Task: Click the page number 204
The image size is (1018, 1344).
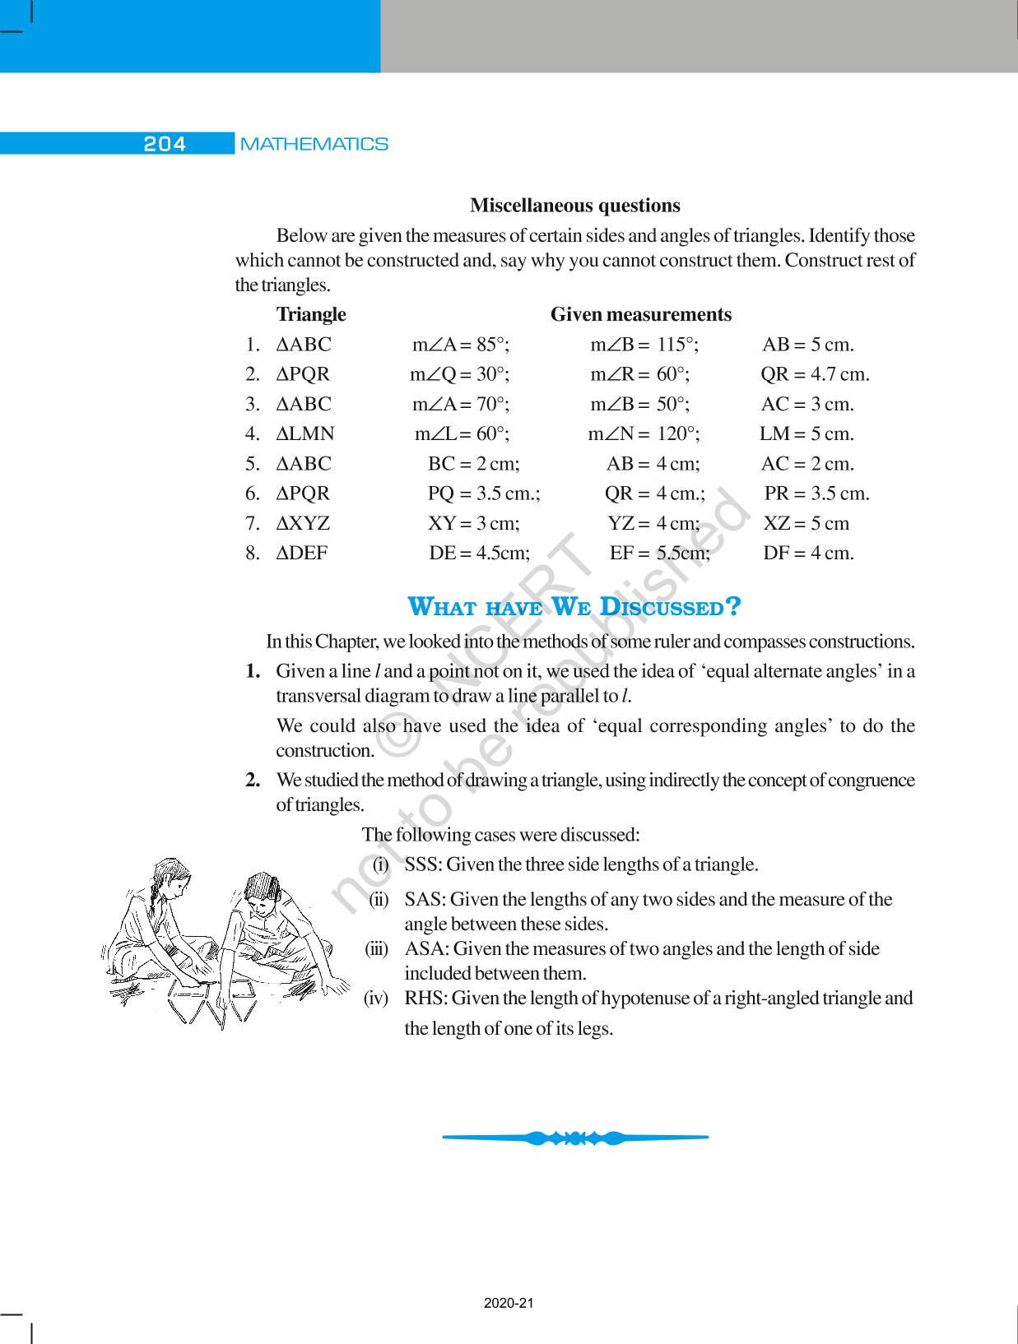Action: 165,144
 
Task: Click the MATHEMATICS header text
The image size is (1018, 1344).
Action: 314,144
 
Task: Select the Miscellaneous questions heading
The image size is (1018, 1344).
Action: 574,206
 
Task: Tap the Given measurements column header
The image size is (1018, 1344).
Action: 640,314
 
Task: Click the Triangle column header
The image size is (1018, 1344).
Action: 311,314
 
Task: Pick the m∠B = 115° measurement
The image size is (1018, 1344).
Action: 644,345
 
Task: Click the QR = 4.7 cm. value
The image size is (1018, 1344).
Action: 814,374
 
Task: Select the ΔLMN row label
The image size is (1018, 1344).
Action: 305,433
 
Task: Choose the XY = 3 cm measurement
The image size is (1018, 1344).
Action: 473,523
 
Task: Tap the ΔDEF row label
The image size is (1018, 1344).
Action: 302,553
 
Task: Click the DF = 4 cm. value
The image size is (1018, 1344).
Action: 808,553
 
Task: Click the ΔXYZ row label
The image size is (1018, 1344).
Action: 304,523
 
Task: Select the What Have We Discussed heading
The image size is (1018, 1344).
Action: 574,607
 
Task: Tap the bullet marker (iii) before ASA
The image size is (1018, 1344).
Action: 376,948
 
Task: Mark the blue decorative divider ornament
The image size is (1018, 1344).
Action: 575,1138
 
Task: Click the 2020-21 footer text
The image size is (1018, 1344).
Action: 509,1304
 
